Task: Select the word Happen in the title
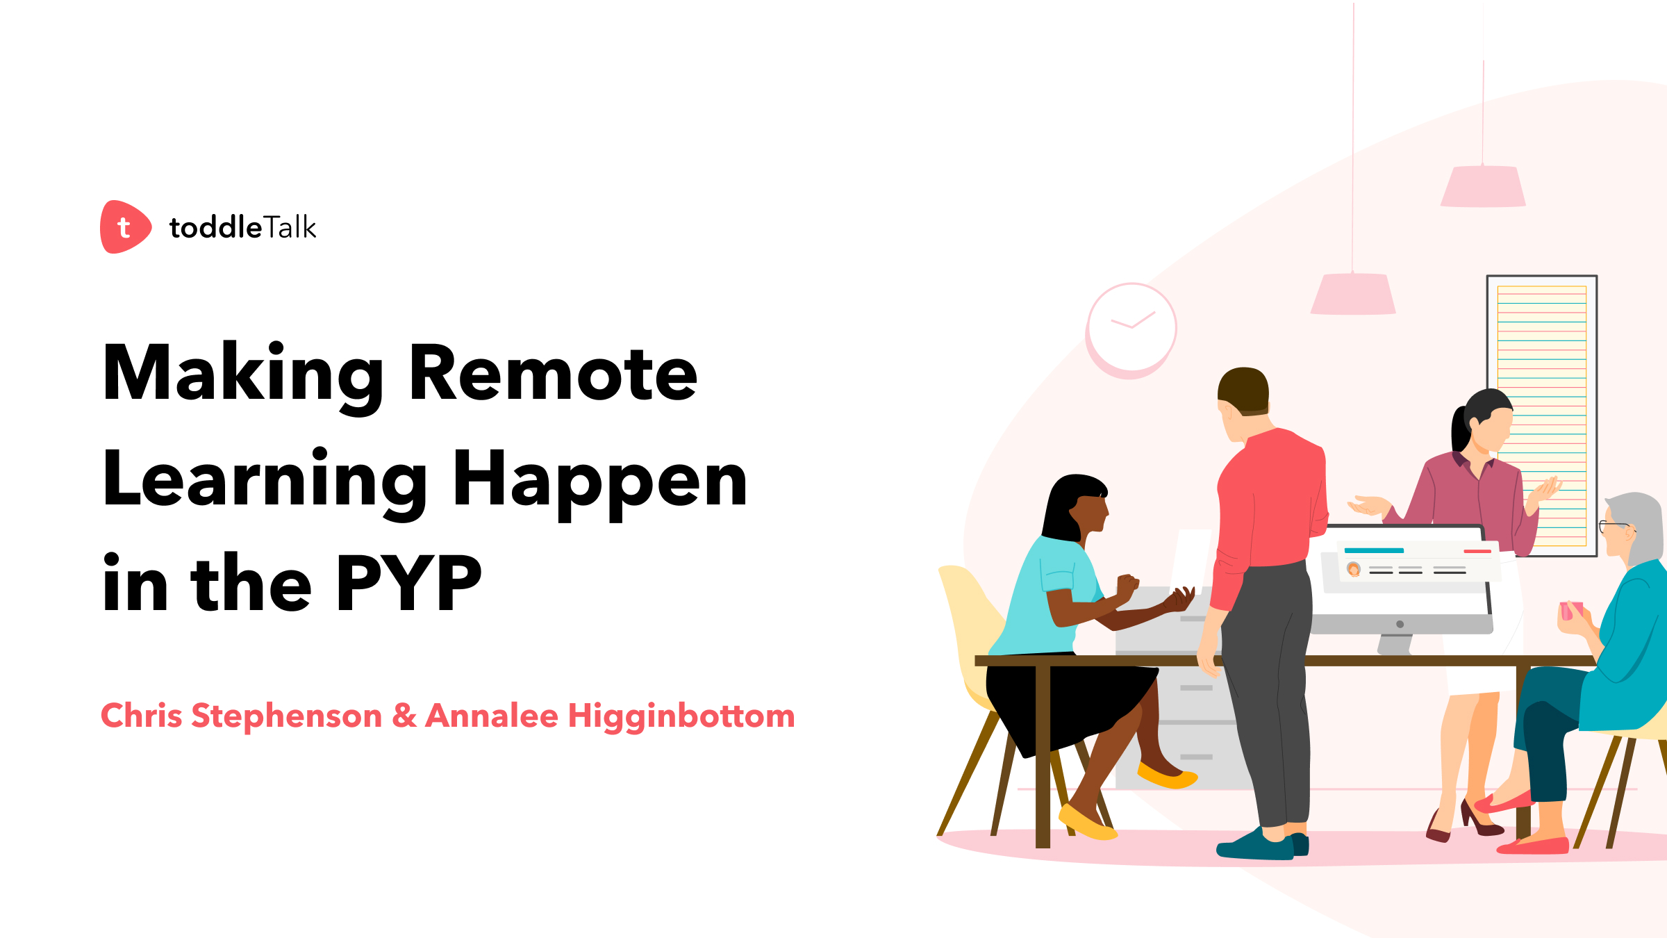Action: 599,479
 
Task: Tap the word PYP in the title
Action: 409,584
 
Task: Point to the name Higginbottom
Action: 681,716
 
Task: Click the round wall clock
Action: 1131,327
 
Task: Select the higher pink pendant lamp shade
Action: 1483,186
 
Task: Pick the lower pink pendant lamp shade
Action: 1353,294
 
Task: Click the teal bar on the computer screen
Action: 1374,550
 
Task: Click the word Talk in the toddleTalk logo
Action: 290,228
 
